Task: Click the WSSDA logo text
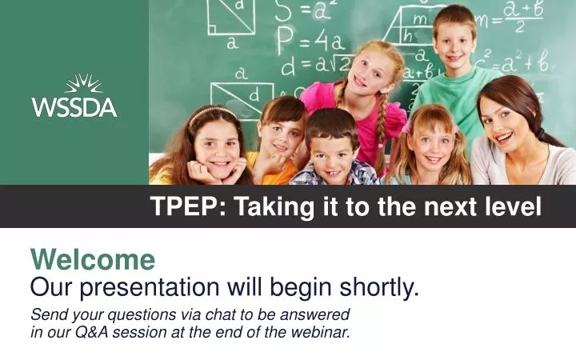[x=74, y=106]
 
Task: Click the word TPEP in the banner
[x=178, y=207]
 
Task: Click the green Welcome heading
[x=93, y=259]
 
